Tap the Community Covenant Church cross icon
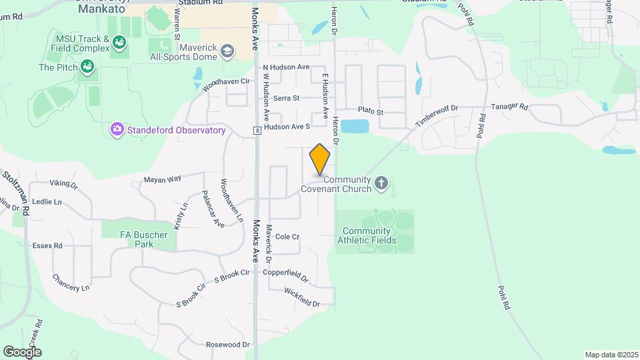(381, 183)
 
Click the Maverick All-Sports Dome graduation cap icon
(227, 51)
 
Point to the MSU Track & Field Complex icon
(120, 44)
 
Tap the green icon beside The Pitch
(86, 67)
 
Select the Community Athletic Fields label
(367, 236)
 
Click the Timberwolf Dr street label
(437, 115)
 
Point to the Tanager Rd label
(509, 107)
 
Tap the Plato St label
(371, 110)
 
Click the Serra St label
(287, 98)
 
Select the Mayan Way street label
(163, 179)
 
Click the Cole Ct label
(287, 237)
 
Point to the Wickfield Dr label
(302, 297)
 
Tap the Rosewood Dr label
(227, 345)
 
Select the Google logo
(23, 351)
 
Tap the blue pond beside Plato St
(354, 126)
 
